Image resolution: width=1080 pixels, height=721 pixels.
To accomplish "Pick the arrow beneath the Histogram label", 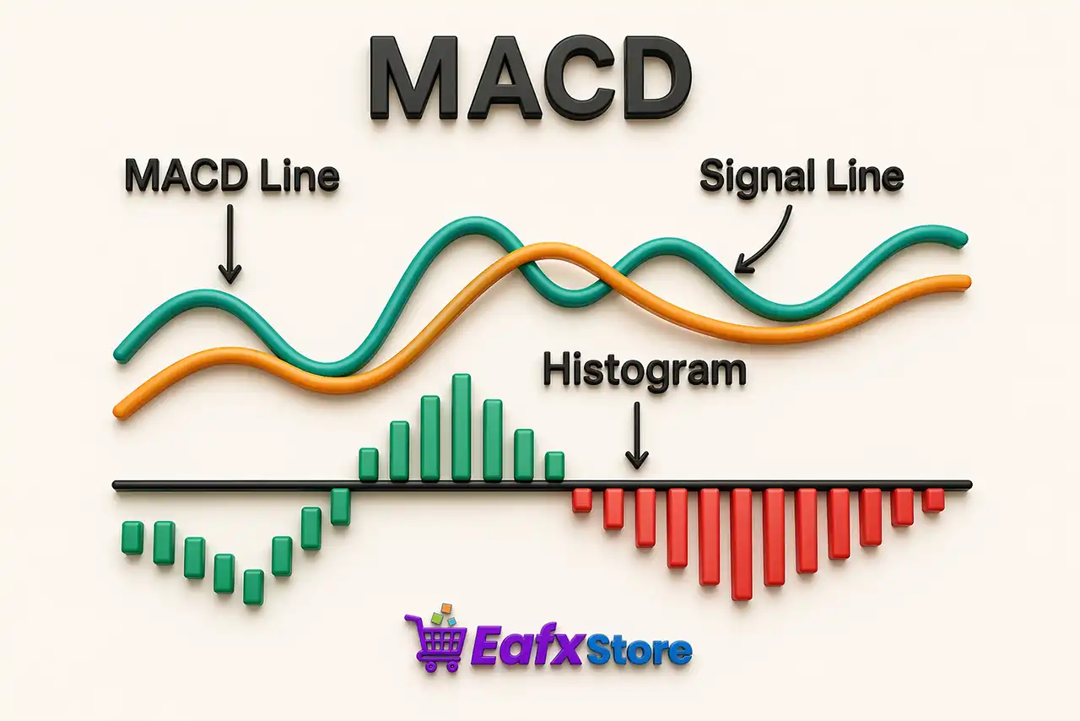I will click(637, 435).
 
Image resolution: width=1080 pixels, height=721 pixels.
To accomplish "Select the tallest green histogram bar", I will click(462, 428).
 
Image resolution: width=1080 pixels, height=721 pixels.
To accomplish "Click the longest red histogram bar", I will click(741, 544).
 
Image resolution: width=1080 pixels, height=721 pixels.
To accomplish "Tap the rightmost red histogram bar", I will click(932, 500).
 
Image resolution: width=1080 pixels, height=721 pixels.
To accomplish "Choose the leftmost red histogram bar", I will click(581, 500).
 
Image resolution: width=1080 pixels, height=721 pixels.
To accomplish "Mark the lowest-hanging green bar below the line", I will click(253, 587).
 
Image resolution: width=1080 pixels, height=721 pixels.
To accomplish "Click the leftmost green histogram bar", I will click(132, 538).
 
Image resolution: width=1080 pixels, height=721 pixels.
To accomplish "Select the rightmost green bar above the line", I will click(554, 467).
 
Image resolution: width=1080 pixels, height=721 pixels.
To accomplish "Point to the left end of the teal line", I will click(121, 355).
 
